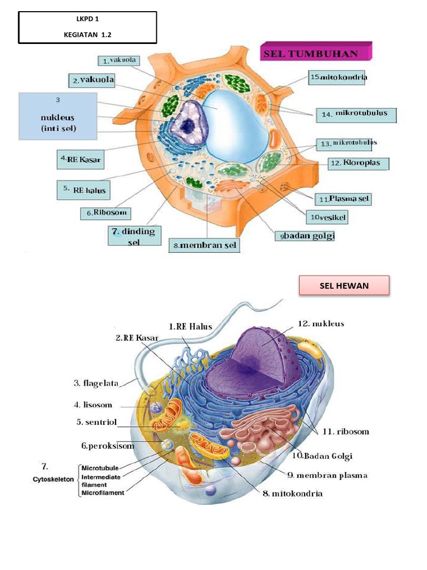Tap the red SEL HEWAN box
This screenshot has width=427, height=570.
(x=344, y=286)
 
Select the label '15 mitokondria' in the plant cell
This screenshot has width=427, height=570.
(x=339, y=77)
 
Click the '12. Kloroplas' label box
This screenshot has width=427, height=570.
(x=358, y=164)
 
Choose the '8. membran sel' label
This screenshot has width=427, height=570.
(x=205, y=245)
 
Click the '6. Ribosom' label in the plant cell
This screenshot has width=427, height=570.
(x=107, y=213)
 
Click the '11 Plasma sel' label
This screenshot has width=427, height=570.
(x=342, y=198)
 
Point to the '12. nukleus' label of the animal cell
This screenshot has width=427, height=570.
(x=320, y=323)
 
